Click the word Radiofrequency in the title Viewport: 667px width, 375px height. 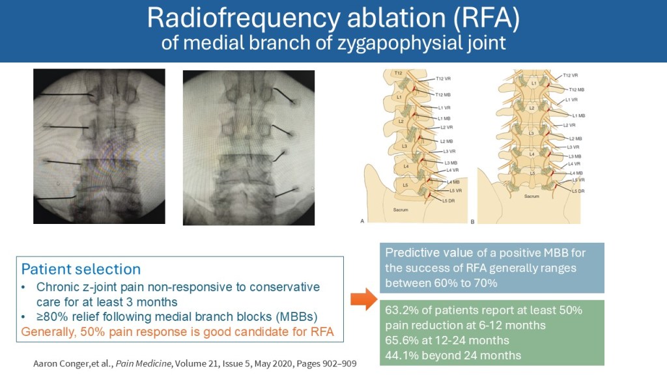pyautogui.click(x=244, y=18)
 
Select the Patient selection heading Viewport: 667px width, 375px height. pyautogui.click(x=81, y=269)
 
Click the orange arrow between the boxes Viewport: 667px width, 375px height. pyautogui.click(x=363, y=299)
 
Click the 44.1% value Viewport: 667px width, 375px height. pyautogui.click(x=402, y=355)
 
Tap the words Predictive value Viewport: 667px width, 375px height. pyautogui.click(x=429, y=253)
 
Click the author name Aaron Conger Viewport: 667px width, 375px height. pyautogui.click(x=61, y=364)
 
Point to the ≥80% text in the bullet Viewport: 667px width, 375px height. pyautogui.click(x=53, y=317)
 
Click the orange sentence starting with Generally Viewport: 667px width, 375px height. pyautogui.click(x=177, y=331)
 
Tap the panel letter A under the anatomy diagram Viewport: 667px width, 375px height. pyautogui.click(x=362, y=221)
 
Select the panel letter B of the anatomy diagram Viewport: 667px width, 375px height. pyautogui.click(x=473, y=222)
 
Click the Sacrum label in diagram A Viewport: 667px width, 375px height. pyautogui.click(x=401, y=210)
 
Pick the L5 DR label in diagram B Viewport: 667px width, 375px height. pyautogui.click(x=578, y=191)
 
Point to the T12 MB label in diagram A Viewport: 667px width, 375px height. pyautogui.click(x=443, y=95)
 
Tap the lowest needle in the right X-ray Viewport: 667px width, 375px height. pyautogui.click(x=286, y=192)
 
